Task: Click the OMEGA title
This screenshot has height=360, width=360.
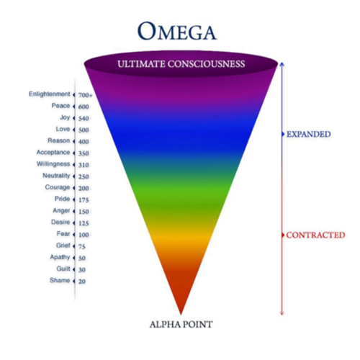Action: click(x=177, y=31)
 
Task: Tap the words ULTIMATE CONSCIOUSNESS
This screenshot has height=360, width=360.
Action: click(x=181, y=64)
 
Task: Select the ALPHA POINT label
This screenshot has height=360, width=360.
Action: click(x=181, y=325)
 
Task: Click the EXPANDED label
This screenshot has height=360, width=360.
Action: click(x=309, y=134)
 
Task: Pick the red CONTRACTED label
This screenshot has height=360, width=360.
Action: click(x=315, y=235)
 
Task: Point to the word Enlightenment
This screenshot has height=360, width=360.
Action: click(x=50, y=94)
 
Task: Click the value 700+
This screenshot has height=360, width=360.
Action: click(x=85, y=95)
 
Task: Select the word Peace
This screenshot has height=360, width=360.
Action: click(x=60, y=106)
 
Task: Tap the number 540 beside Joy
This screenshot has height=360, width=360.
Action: click(x=84, y=119)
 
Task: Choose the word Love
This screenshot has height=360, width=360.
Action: click(x=63, y=129)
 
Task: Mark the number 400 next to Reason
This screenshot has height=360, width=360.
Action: click(x=84, y=142)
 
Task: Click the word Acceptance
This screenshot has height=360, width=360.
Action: click(x=53, y=153)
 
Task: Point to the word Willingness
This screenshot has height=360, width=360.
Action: click(x=53, y=164)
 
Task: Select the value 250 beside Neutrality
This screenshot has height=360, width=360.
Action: click(x=84, y=176)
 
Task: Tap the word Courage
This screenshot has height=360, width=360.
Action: click(x=58, y=187)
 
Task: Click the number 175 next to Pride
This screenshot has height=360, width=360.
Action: click(x=84, y=200)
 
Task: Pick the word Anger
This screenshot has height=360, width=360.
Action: click(x=61, y=211)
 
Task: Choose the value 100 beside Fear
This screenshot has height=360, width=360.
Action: click(x=84, y=235)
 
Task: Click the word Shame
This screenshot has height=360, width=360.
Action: click(x=60, y=280)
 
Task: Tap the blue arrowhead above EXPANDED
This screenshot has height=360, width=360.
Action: click(x=282, y=64)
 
